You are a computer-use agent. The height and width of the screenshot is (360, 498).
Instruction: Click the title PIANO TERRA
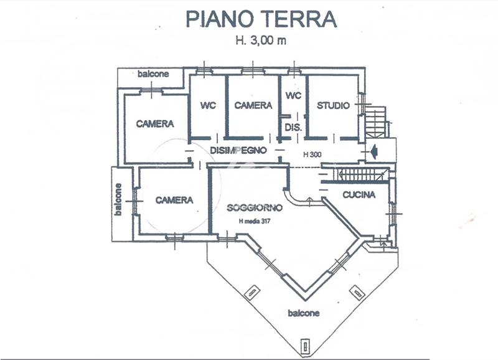[x=261, y=19]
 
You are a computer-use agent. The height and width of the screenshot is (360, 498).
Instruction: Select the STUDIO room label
[x=333, y=105]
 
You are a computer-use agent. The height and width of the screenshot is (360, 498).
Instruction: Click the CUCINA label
[x=359, y=194]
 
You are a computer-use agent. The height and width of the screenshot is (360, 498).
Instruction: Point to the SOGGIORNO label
[x=255, y=207]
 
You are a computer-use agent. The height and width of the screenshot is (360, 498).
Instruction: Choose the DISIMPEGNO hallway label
[x=238, y=150]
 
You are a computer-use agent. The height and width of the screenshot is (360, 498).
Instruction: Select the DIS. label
[x=293, y=127]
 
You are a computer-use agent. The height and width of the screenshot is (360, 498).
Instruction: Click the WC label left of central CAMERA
[x=208, y=105]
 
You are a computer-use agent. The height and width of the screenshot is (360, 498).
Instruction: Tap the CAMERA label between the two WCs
[x=253, y=105]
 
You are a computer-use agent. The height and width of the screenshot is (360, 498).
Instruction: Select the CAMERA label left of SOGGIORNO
[x=174, y=200]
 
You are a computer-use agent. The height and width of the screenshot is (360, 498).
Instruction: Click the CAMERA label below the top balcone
[x=155, y=124]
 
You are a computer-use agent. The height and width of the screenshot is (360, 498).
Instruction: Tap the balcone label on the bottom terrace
[x=304, y=313]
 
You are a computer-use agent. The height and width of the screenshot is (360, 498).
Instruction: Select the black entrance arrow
[x=374, y=150]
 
